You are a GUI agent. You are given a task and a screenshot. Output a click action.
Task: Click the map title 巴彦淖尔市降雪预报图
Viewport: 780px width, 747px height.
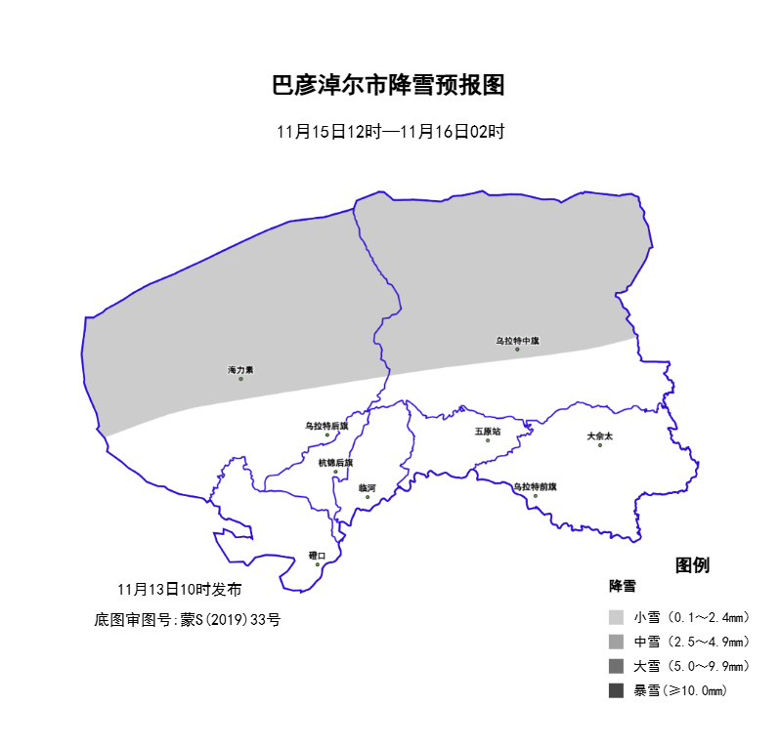pyautogui.click(x=388, y=86)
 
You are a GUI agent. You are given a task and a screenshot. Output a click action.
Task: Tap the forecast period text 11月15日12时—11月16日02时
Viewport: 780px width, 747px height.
pyautogui.click(x=390, y=132)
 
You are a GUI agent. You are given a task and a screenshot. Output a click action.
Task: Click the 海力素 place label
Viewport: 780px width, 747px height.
pyautogui.click(x=240, y=370)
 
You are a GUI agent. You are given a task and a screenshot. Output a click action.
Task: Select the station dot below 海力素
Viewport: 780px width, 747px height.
pyautogui.click(x=240, y=379)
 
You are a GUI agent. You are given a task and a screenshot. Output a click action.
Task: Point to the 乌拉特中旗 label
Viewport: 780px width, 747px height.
pyautogui.click(x=517, y=341)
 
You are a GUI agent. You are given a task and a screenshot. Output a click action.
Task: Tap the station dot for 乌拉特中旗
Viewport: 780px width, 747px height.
pyautogui.click(x=517, y=350)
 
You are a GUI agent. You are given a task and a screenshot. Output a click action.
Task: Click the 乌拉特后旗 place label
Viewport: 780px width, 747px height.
pyautogui.click(x=326, y=426)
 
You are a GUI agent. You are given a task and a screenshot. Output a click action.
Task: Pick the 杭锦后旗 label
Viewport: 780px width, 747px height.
pyautogui.click(x=335, y=463)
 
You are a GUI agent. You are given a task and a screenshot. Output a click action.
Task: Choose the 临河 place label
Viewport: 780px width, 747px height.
pyautogui.click(x=368, y=487)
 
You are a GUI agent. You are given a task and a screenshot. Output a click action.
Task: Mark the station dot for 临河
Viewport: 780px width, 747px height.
pyautogui.click(x=368, y=497)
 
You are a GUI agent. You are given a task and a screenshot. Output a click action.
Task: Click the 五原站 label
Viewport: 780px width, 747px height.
pyautogui.click(x=488, y=431)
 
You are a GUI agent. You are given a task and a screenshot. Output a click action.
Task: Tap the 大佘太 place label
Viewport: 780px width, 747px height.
pyautogui.click(x=599, y=436)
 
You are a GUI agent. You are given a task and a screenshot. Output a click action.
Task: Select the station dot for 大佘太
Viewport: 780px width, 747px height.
pyautogui.click(x=600, y=445)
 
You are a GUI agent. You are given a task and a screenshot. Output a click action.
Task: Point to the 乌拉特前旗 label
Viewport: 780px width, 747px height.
pyautogui.click(x=535, y=486)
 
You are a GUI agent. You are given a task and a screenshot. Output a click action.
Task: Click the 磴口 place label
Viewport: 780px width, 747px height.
pyautogui.click(x=317, y=555)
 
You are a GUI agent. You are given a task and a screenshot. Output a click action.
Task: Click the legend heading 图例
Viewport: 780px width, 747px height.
pyautogui.click(x=692, y=565)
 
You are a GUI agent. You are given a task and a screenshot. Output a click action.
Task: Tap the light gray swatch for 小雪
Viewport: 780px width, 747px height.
pyautogui.click(x=615, y=617)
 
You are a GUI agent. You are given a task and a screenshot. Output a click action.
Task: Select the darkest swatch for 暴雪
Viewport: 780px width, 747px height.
pyautogui.click(x=615, y=690)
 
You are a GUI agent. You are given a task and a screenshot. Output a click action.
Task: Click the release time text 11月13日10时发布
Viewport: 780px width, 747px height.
pyautogui.click(x=179, y=590)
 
